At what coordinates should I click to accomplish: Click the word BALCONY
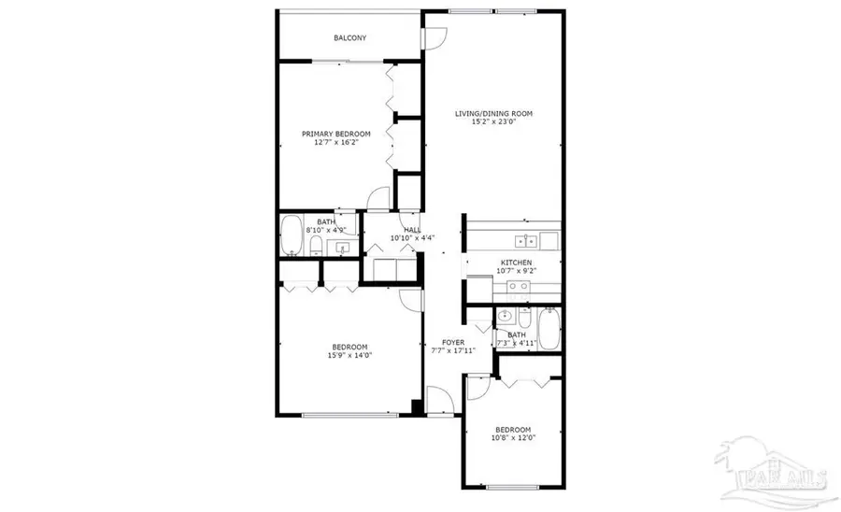[350, 38]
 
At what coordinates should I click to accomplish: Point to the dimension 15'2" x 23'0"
[493, 122]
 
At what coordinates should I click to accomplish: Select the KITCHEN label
[516, 263]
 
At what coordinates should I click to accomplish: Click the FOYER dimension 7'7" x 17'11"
[453, 351]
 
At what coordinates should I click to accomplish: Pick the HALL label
[411, 230]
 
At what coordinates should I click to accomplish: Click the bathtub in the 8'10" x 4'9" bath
[291, 235]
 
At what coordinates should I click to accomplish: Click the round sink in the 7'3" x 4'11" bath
[506, 315]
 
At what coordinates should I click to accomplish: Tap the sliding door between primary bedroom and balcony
[346, 62]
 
